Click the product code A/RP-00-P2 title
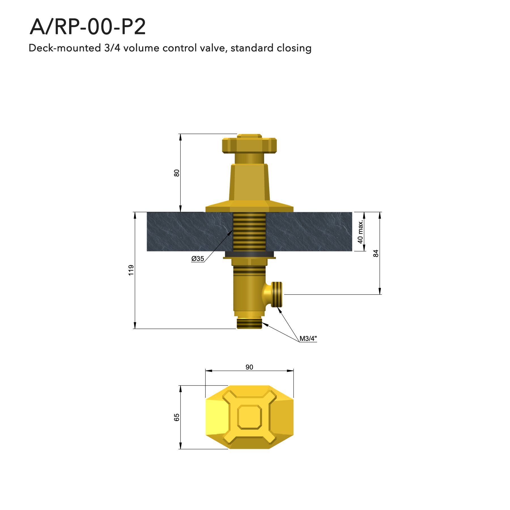click(x=88, y=27)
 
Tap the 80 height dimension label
click(x=177, y=173)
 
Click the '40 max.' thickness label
click(x=360, y=232)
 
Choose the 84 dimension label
click(x=376, y=253)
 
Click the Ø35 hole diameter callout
click(x=197, y=258)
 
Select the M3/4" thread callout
click(x=308, y=338)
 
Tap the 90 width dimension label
click(x=249, y=367)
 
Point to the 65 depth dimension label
click(x=177, y=417)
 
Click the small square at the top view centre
click(x=249, y=417)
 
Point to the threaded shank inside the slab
click(x=249, y=232)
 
